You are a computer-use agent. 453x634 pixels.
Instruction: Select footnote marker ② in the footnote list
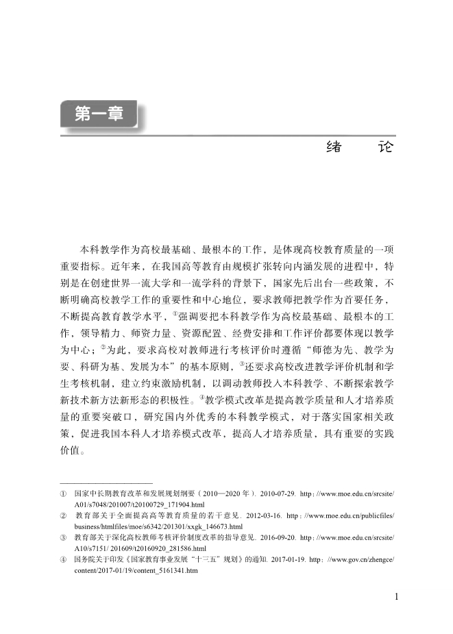pos(63,513)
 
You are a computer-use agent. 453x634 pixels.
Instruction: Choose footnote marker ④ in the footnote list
pos(63,559)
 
